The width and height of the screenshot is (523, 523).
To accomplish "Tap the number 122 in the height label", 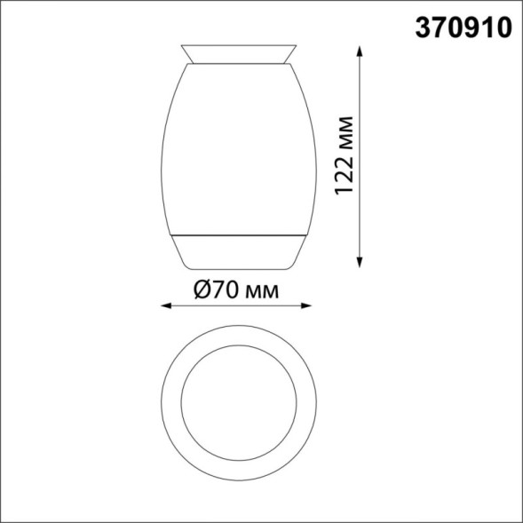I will (x=349, y=170).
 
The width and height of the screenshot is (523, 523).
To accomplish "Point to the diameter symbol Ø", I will (x=201, y=290).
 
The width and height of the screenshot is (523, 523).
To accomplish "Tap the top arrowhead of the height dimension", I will (x=360, y=52).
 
